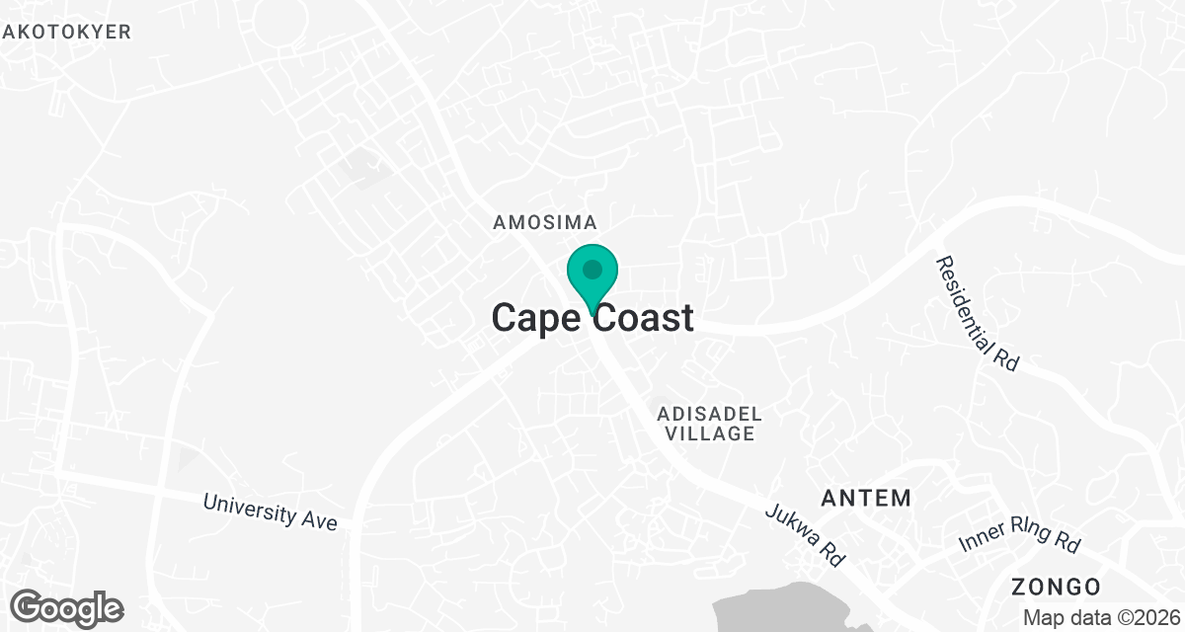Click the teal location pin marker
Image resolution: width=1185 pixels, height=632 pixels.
(592, 277)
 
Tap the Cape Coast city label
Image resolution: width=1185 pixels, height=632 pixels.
(592, 318)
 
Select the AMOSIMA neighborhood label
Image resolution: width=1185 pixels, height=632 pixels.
(546, 224)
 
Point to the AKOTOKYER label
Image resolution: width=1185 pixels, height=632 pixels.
(67, 32)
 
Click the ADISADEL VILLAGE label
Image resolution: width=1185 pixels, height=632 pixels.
(710, 422)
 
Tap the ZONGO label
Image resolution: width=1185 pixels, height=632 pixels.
(1056, 587)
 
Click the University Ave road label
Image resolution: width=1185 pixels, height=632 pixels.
(271, 511)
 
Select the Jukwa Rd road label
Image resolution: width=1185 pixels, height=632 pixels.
(806, 535)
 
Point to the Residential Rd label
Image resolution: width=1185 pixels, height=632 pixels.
(978, 313)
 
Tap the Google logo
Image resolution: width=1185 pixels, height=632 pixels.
(67, 607)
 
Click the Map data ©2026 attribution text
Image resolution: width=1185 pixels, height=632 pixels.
(1101, 618)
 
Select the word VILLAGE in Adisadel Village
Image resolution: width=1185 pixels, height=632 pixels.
(710, 434)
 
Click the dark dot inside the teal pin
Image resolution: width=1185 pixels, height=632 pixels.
(592, 269)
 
